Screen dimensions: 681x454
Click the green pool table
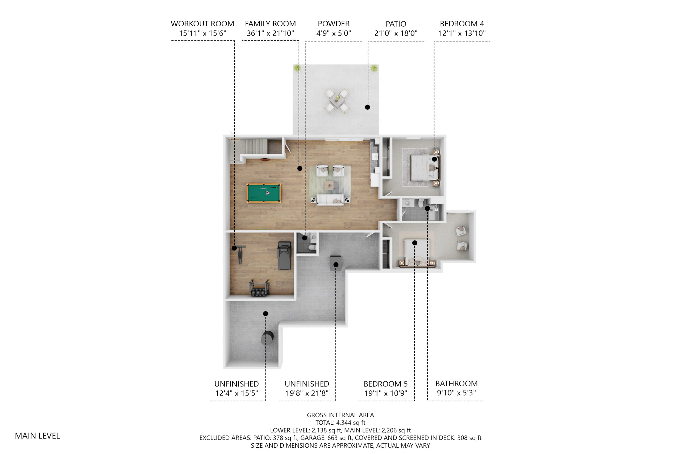[x=263, y=193]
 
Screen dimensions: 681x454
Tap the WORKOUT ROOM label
[x=202, y=24]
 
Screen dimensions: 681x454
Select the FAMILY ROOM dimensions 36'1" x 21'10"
[x=270, y=33]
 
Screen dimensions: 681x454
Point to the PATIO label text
[x=396, y=24]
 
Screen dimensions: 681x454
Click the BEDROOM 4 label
[x=462, y=24]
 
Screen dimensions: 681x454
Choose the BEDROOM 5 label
[x=386, y=384]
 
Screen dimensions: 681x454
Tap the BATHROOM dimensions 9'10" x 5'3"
[x=456, y=393]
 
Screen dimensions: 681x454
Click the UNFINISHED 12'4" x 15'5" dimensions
[x=236, y=393]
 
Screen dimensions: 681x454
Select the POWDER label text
[x=334, y=24]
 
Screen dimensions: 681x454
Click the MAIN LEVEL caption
[x=38, y=436]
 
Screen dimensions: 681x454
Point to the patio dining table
[x=337, y=101]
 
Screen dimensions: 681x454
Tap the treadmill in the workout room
[x=284, y=256]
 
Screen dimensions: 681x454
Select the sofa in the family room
[x=330, y=200]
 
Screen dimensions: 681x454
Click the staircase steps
[x=256, y=147]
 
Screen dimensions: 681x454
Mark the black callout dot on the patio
[x=367, y=107]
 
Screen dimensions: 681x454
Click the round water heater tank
[x=267, y=338]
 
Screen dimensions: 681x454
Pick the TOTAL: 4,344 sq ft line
[x=340, y=423]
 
